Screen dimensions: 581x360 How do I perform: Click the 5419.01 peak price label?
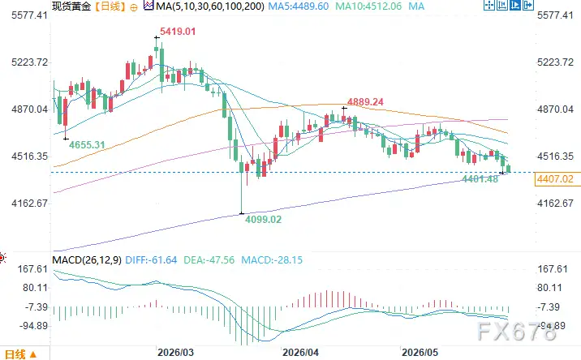tap(178, 32)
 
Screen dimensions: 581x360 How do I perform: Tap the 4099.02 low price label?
tap(264, 220)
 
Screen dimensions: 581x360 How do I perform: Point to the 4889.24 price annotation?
tap(365, 102)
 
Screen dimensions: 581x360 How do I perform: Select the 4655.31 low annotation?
tap(87, 145)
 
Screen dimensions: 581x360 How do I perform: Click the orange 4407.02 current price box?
tap(555, 179)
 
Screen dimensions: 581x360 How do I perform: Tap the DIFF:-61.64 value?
tap(151, 260)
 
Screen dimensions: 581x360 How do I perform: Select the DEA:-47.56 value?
tap(209, 260)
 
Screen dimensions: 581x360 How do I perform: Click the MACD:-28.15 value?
tap(272, 260)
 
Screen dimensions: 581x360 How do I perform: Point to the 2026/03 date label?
tap(175, 352)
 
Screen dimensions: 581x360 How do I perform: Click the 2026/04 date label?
tap(300, 352)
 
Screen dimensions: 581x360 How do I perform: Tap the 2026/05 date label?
tap(420, 352)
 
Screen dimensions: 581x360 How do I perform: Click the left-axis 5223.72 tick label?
tap(30, 62)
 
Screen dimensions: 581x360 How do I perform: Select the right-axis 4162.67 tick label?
tap(555, 204)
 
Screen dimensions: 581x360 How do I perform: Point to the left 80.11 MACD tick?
tap(36, 288)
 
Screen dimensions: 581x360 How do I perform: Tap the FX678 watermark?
tap(517, 332)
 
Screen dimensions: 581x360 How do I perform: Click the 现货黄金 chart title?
tap(71, 6)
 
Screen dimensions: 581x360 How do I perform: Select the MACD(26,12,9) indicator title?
tap(87, 260)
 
